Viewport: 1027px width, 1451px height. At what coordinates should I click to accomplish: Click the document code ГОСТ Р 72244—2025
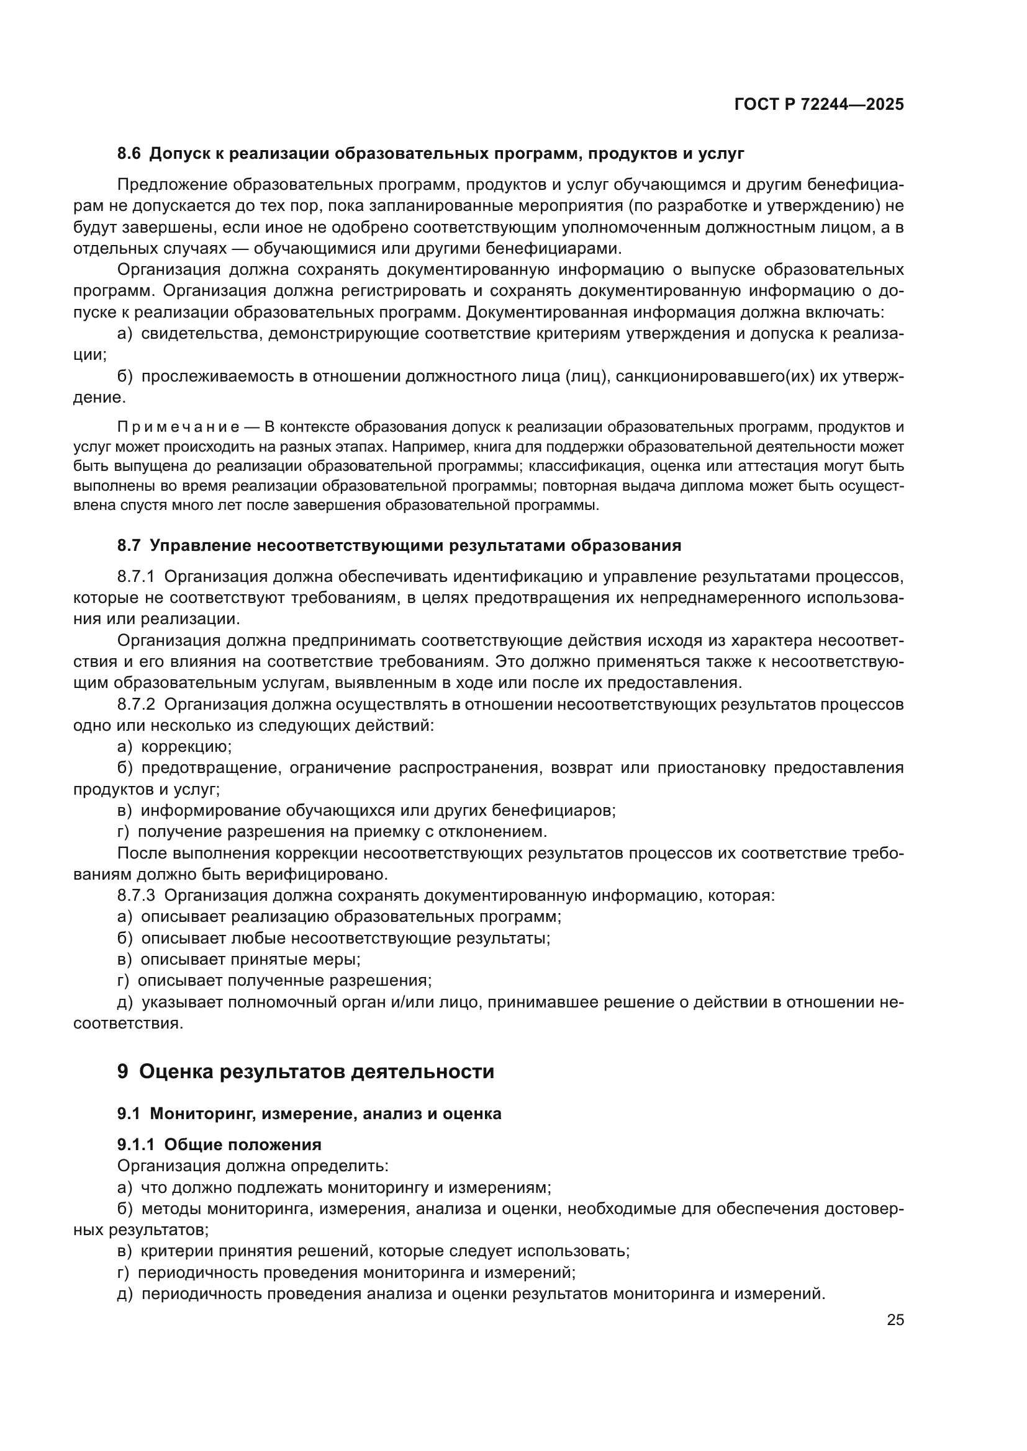(x=819, y=104)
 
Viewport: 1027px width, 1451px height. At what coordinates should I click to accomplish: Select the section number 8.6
(x=129, y=154)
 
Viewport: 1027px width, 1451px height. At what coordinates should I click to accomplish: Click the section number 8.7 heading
(x=129, y=545)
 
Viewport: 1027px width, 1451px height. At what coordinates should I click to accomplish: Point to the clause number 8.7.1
(x=136, y=576)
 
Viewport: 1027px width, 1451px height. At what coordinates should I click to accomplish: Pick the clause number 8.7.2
(x=136, y=704)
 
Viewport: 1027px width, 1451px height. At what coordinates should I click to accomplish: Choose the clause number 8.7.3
(x=136, y=896)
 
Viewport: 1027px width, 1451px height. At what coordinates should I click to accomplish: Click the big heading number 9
(x=123, y=1072)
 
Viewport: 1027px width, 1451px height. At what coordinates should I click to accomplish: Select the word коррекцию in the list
(x=186, y=747)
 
